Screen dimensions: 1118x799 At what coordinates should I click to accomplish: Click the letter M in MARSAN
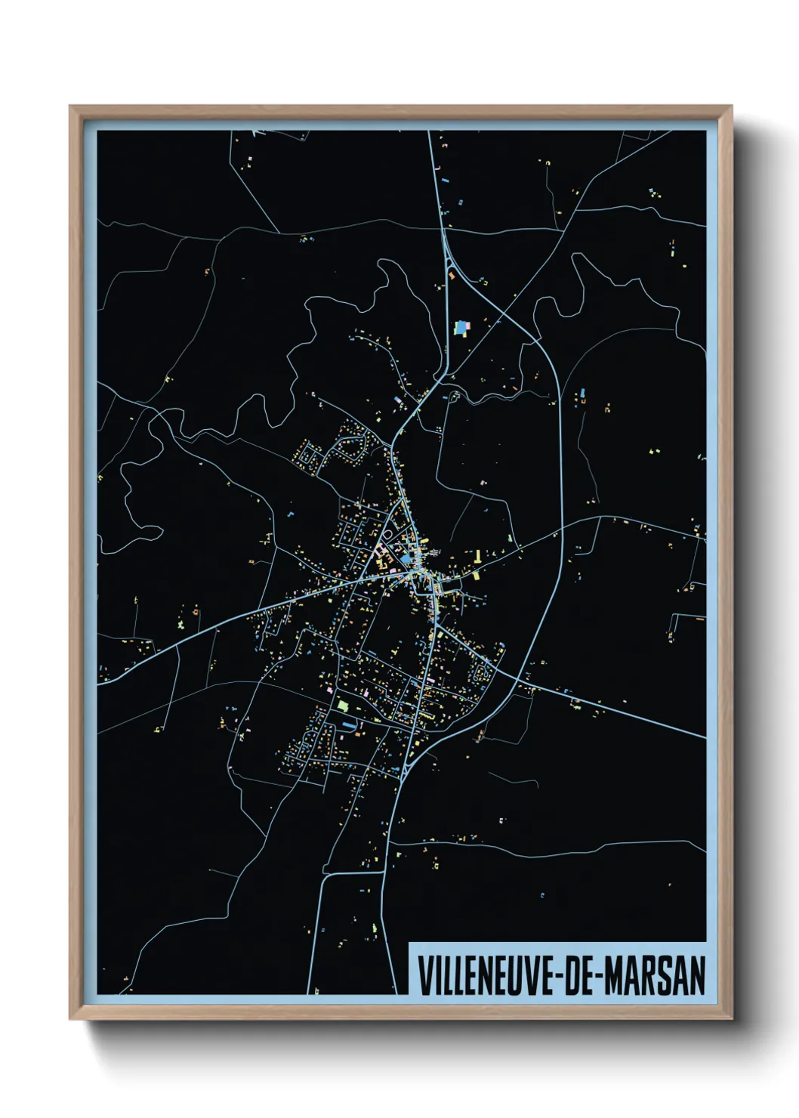613,976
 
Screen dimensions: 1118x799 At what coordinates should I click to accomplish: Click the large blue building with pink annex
461,328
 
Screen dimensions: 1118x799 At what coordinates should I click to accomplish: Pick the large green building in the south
342,706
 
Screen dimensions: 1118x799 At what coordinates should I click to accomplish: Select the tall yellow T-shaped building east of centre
477,558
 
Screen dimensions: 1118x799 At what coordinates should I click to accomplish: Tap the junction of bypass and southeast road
517,681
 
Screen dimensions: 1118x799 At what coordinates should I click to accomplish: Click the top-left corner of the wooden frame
70,107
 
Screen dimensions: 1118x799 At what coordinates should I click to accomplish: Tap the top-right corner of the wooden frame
731,107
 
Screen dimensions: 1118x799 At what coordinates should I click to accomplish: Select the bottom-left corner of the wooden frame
70,1019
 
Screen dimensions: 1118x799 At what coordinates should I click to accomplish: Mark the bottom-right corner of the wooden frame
731,1019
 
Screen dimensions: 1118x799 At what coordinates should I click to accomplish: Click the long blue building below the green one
348,724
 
